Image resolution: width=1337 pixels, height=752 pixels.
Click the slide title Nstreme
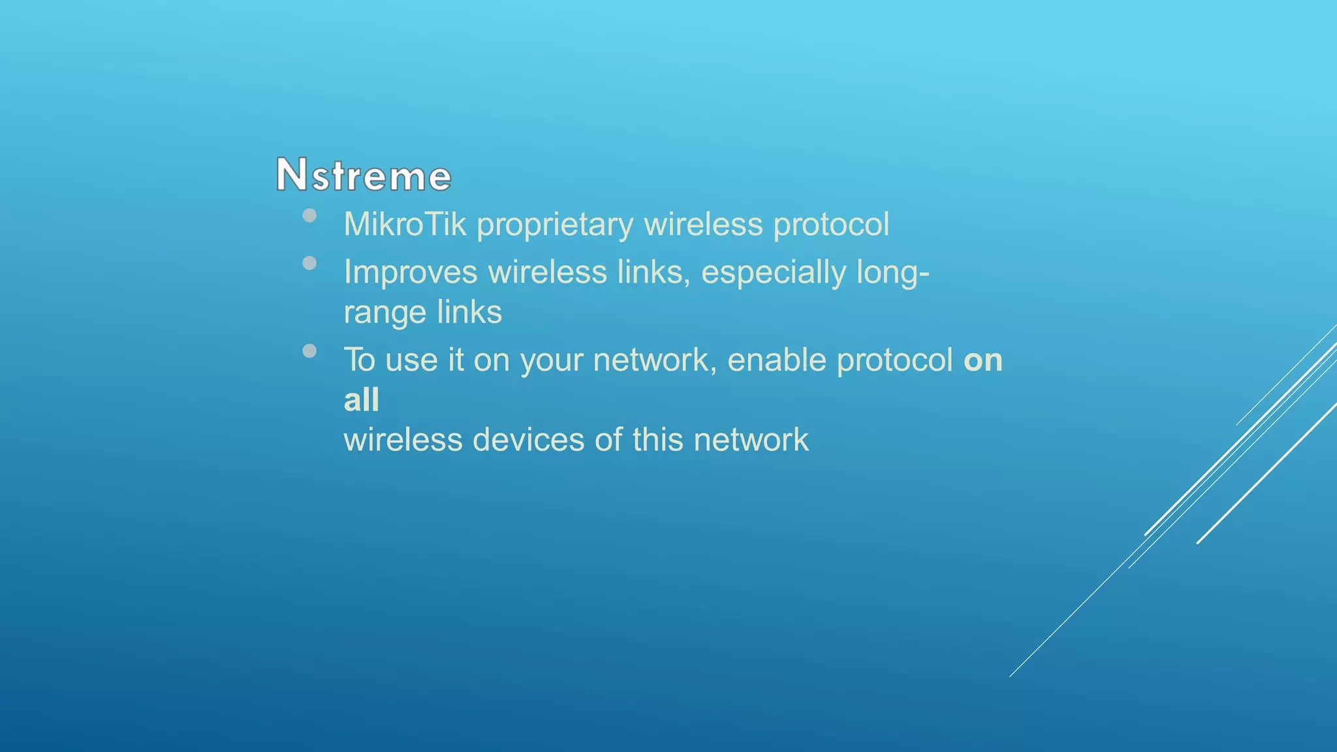coord(364,175)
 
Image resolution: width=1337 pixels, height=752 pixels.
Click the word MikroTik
coord(405,225)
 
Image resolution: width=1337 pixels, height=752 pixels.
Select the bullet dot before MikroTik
coord(309,215)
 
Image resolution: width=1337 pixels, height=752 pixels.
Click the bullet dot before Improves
coord(309,263)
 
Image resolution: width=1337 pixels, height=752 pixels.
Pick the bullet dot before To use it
coord(309,351)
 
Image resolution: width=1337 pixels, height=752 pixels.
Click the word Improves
coord(410,273)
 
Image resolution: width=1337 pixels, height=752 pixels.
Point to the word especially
coord(773,273)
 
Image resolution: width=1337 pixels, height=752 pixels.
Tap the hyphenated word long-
coord(892,273)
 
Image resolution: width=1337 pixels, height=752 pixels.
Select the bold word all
coord(361,399)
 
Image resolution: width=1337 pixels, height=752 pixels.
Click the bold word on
coord(983,361)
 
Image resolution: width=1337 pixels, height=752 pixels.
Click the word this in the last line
coord(657,439)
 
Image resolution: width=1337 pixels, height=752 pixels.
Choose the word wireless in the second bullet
coord(547,272)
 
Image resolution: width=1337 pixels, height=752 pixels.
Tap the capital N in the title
coord(291,174)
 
